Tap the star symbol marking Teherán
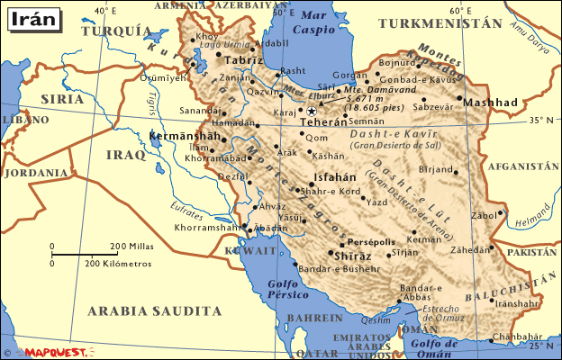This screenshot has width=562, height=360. (x=312, y=111)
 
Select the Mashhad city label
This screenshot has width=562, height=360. (x=491, y=103)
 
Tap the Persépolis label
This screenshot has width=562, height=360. (x=370, y=242)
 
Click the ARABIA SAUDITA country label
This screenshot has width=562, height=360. (x=154, y=310)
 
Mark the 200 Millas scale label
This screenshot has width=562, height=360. (x=132, y=246)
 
